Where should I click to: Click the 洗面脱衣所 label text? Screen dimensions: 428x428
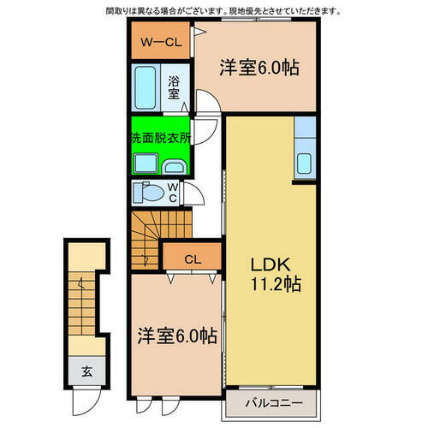click(x=161, y=136)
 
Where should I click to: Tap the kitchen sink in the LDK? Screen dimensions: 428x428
click(x=305, y=162)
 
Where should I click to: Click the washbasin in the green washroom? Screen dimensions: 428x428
click(x=176, y=166)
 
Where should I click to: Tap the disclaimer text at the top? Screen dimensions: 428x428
click(x=222, y=11)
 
